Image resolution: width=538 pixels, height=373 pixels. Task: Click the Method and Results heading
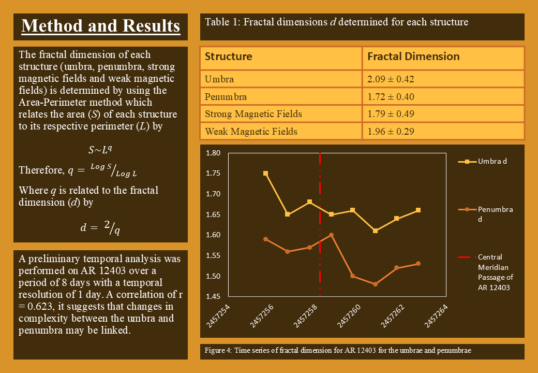(x=101, y=26)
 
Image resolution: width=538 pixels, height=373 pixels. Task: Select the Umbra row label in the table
(x=219, y=79)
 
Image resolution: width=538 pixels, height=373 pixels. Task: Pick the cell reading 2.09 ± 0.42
(x=391, y=79)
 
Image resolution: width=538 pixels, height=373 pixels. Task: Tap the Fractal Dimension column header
(x=413, y=56)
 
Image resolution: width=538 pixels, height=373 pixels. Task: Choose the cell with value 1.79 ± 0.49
(x=391, y=114)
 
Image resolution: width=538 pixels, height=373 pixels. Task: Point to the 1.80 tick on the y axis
(x=213, y=153)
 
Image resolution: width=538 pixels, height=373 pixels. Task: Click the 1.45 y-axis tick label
(x=213, y=296)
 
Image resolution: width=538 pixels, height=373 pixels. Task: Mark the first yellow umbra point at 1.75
(x=265, y=174)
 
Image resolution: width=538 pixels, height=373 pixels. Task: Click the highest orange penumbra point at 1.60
(x=331, y=235)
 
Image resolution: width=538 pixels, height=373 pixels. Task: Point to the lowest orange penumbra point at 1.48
(x=375, y=284)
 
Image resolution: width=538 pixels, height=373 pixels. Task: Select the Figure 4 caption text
(x=338, y=351)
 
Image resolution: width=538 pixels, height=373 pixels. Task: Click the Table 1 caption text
(x=336, y=22)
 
